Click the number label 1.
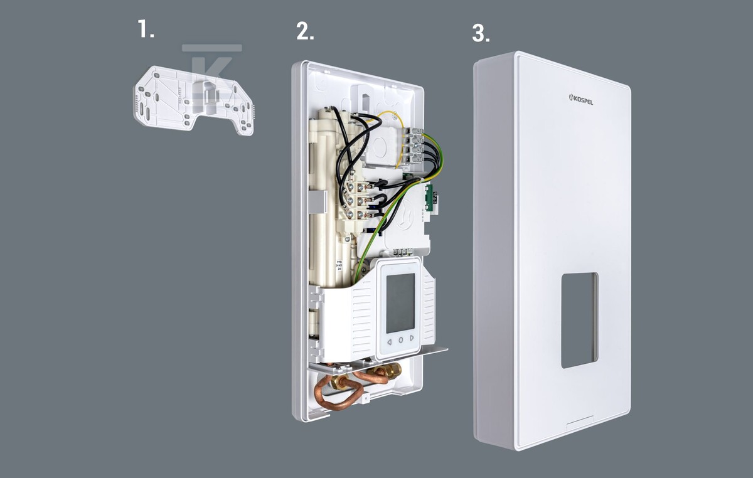click(x=146, y=29)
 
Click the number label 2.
click(x=305, y=32)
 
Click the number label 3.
click(x=481, y=34)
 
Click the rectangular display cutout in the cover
click(x=579, y=320)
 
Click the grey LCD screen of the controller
click(x=400, y=303)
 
